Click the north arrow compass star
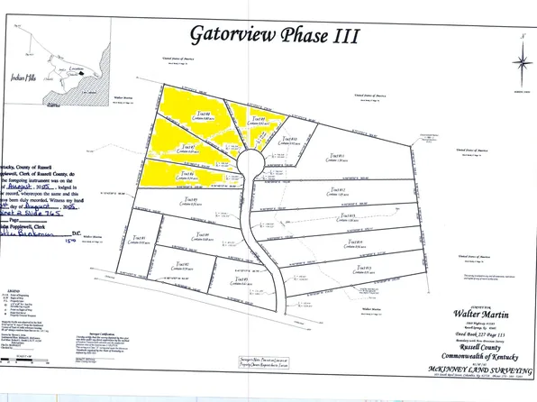(x=520, y=62)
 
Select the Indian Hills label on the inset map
(x=20, y=78)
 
